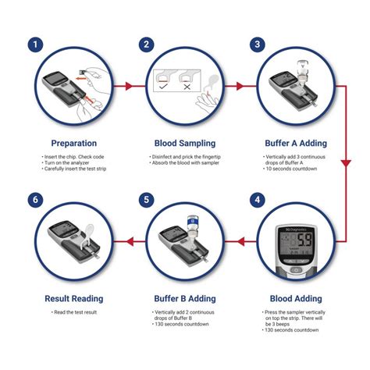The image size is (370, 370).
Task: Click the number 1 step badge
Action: (34, 44)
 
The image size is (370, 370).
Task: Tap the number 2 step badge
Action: (145, 44)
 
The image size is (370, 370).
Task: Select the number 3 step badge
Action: (256, 44)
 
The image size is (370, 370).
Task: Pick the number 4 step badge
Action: (256, 200)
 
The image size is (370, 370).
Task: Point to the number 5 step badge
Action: (145, 200)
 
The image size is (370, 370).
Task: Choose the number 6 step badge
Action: (34, 200)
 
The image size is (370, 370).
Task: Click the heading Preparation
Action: (73, 143)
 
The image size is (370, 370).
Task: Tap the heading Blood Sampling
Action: (185, 143)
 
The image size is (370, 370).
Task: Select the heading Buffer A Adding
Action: (296, 143)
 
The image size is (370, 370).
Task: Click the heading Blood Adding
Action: (296, 297)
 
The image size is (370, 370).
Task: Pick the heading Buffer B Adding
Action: (185, 297)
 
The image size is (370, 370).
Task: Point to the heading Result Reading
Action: (73, 297)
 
